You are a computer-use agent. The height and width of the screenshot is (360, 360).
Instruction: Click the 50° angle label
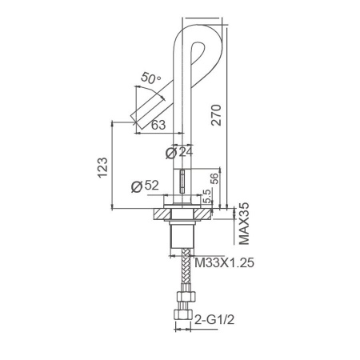point(151,78)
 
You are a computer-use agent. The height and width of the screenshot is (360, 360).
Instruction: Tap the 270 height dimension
point(216,115)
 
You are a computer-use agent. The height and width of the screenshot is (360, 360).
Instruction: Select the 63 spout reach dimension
point(158,125)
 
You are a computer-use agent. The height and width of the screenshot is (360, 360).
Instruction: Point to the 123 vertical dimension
point(102,168)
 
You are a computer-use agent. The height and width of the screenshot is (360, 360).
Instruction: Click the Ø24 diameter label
point(179,152)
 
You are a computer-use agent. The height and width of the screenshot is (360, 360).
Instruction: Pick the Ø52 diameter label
point(145,186)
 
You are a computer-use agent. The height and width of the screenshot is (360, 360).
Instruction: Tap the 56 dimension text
point(214,178)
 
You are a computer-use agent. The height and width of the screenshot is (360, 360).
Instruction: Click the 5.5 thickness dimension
point(207,196)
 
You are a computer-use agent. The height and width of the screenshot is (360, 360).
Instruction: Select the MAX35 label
point(244,224)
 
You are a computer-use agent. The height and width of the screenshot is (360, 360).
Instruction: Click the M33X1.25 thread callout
point(224,263)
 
